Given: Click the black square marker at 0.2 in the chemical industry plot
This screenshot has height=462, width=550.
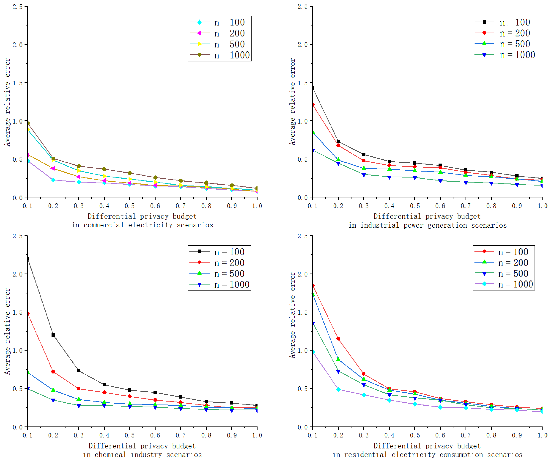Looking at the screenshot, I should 53,335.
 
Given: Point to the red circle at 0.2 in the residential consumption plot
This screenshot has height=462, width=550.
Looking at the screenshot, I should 338,339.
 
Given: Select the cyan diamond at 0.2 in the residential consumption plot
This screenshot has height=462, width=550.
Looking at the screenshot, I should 338,389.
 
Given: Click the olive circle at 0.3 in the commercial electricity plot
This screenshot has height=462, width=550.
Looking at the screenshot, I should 79,166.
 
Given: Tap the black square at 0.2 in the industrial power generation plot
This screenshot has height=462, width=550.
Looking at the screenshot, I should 338,141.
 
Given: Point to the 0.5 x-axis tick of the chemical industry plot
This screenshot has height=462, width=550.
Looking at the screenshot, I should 129,435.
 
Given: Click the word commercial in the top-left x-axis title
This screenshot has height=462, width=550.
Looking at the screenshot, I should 104,225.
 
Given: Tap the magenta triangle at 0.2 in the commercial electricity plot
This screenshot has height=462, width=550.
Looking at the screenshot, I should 53,168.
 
